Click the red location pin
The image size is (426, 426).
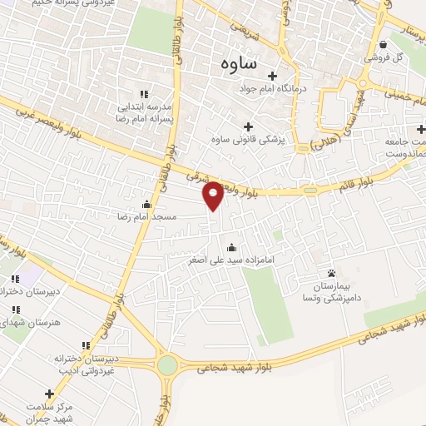pyautogui.click(x=213, y=194)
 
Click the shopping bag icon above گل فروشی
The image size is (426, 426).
pyautogui.click(x=382, y=45)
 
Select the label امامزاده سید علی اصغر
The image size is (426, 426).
pyautogui.click(x=230, y=260)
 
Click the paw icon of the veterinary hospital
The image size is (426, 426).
pyautogui.click(x=332, y=273)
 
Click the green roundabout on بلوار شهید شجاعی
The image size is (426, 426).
pyautogui.click(x=167, y=365)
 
